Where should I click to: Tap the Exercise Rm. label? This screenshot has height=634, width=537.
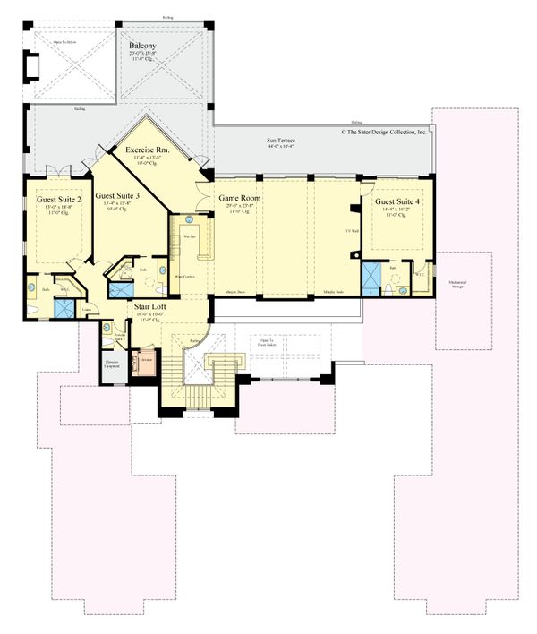(149, 150)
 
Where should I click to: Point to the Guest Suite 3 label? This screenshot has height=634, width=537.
(117, 194)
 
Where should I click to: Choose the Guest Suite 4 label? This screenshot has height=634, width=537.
(396, 201)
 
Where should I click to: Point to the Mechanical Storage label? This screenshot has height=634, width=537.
(463, 285)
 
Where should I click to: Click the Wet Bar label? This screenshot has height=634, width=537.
(189, 236)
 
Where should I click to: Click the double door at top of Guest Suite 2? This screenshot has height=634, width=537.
(58, 170)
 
